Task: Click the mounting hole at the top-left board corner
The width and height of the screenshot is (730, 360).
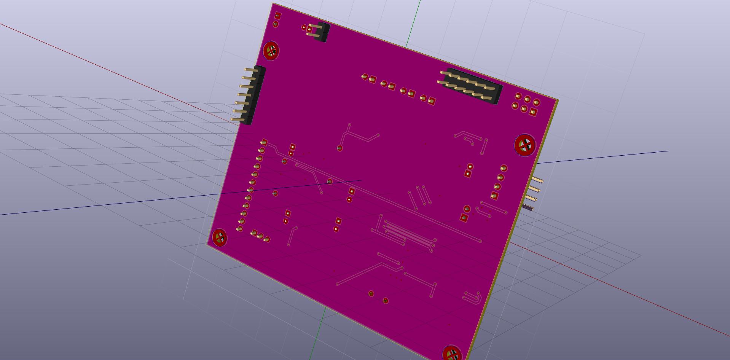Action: pyautogui.click(x=271, y=51)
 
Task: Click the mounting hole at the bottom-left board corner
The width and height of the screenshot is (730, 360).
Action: pyautogui.click(x=220, y=237)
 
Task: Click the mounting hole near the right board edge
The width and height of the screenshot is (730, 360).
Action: pyautogui.click(x=525, y=145)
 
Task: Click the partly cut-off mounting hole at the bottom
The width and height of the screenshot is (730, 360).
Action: pyautogui.click(x=452, y=354)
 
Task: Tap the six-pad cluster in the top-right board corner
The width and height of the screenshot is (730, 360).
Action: pyautogui.click(x=526, y=104)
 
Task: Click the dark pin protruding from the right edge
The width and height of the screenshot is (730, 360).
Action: pyautogui.click(x=528, y=207)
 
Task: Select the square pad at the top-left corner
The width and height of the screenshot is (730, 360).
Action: pyautogui.click(x=278, y=16)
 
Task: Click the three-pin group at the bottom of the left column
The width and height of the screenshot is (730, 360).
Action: pyautogui.click(x=260, y=236)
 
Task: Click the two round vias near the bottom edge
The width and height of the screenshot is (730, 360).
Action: pyautogui.click(x=378, y=297)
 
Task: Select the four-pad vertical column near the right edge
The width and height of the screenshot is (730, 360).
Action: pyautogui.click(x=499, y=182)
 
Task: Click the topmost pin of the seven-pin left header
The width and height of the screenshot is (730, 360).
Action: pyautogui.click(x=249, y=70)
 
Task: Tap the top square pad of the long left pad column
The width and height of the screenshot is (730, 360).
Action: pyautogui.click(x=264, y=143)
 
